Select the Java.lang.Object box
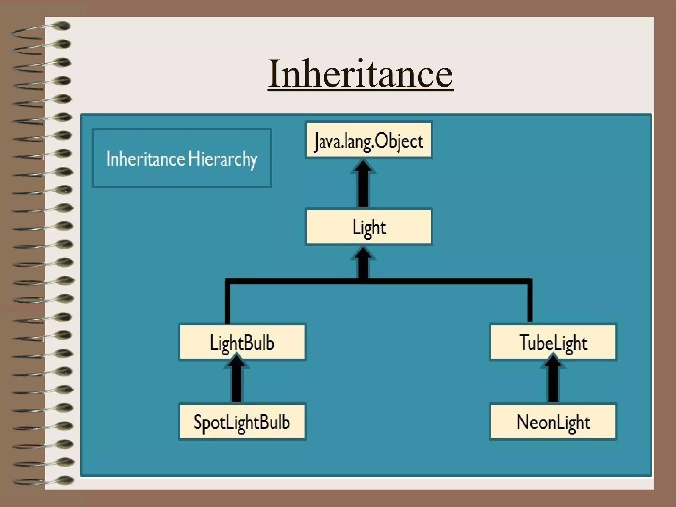click(369, 141)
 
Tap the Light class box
click(369, 227)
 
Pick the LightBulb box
click(242, 342)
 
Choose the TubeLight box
click(553, 342)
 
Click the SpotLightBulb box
click(242, 422)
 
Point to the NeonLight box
click(553, 422)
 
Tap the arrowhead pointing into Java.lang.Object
click(363, 167)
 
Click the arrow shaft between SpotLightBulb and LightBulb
click(237, 385)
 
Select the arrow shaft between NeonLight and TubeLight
click(553, 385)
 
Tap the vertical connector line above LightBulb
click(227, 302)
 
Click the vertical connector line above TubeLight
click(530, 302)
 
